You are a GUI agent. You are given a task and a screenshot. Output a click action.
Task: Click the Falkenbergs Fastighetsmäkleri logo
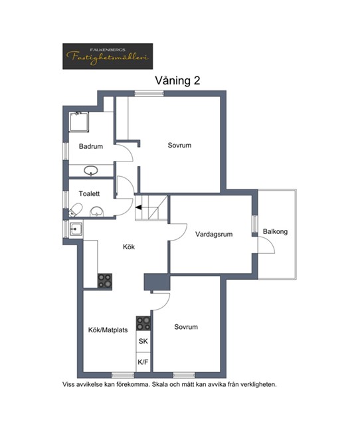tap(108, 56)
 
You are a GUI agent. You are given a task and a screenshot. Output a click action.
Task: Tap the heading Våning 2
tap(177, 80)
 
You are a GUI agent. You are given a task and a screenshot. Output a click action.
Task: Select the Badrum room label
tap(91, 146)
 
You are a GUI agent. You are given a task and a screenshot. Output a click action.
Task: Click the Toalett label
tap(89, 193)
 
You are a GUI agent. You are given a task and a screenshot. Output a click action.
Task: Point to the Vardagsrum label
tap(214, 234)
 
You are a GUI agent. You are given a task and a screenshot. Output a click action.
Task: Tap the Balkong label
tap(275, 231)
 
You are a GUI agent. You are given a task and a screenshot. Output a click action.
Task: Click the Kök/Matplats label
tap(108, 330)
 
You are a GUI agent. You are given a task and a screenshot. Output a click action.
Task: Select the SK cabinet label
tap(143, 342)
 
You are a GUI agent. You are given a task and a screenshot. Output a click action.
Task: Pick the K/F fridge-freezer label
tap(143, 362)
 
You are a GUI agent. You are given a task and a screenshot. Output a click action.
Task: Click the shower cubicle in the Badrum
tap(79, 122)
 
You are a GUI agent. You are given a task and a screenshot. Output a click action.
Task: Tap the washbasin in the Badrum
tap(91, 171)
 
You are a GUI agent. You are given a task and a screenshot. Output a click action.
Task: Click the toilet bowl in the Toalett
tap(76, 209)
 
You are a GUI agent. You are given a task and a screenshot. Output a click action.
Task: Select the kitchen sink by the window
tap(76, 229)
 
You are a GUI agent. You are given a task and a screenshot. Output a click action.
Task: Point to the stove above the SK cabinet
tap(143, 323)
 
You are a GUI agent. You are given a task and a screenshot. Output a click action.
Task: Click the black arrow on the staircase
tap(139, 207)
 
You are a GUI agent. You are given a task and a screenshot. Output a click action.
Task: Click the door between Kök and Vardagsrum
tap(178, 232)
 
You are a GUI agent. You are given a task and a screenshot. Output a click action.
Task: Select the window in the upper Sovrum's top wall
tap(149, 94)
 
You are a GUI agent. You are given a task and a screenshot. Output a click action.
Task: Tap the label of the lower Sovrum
tap(186, 327)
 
